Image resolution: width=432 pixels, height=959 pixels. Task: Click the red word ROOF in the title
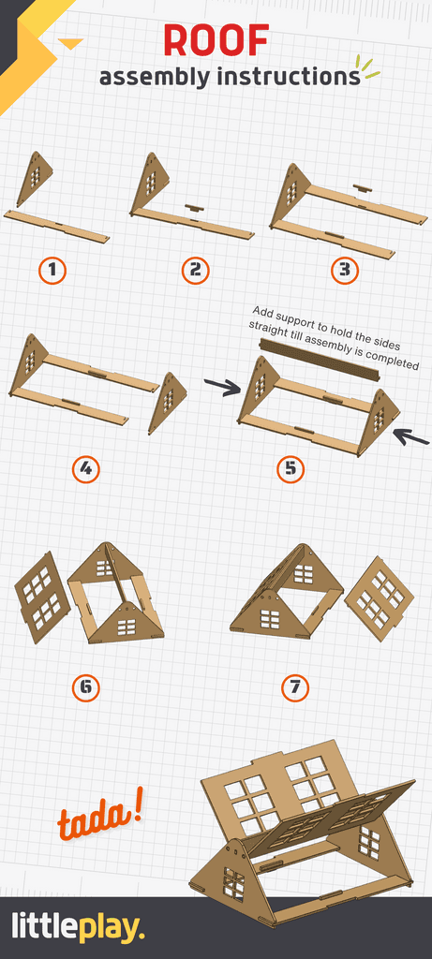(216, 41)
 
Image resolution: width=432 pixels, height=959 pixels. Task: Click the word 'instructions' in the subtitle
(289, 77)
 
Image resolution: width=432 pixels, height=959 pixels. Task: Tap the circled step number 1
(52, 271)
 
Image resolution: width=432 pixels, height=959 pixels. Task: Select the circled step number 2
(195, 271)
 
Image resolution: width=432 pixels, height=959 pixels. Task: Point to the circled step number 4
(85, 468)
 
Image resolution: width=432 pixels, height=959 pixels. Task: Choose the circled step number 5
(290, 468)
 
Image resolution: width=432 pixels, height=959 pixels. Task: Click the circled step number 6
(85, 688)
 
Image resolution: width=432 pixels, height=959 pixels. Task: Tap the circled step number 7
(295, 688)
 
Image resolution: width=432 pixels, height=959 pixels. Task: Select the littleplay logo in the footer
(79, 928)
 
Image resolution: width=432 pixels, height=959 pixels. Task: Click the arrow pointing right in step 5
(222, 388)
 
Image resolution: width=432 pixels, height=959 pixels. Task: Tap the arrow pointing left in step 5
(410, 435)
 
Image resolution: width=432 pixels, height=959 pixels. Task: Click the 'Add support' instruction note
(335, 338)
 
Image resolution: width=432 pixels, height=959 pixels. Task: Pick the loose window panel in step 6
(42, 598)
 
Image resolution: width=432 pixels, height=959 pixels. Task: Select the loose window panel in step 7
(379, 598)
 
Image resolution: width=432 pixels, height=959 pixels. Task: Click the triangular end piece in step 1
(35, 178)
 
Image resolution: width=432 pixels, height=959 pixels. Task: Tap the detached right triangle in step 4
(168, 402)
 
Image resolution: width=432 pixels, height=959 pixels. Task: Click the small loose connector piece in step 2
(194, 207)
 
